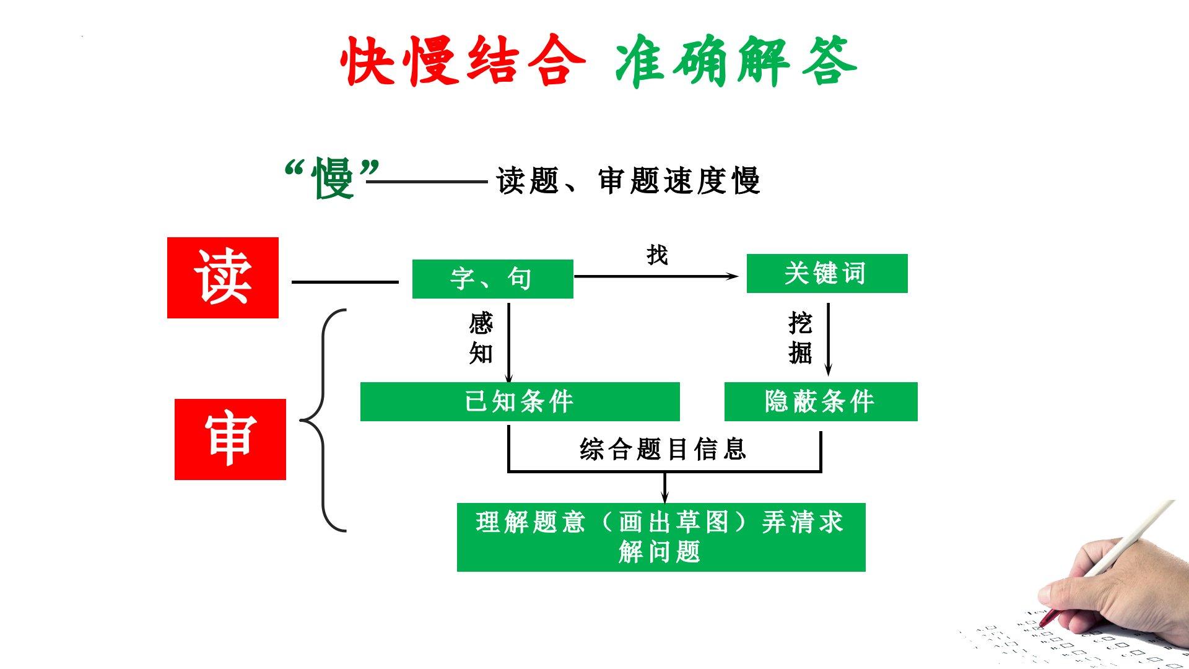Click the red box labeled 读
pos(223,278)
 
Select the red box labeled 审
pos(230,439)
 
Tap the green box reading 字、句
pos(492,279)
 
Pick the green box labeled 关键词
pos(827,273)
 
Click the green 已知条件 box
pos(520,401)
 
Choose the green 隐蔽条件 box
pos(821,401)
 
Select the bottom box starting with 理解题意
pos(661,536)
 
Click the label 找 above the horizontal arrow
pos(657,255)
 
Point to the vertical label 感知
pos(481,338)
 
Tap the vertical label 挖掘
pos(800,338)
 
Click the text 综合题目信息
pos(663,449)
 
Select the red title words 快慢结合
pos(463,61)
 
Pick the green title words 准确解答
pos(736,61)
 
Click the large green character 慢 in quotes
pos(334,178)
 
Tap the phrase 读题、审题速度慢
pos(628,181)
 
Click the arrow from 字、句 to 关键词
pos(656,276)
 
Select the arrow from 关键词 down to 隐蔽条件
pos(829,339)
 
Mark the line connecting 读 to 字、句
pos(345,282)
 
